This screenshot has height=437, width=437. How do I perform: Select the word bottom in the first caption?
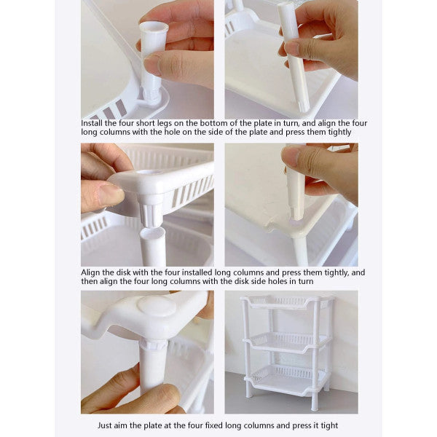(218, 123)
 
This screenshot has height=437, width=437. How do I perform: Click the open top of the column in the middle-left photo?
(153, 235)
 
